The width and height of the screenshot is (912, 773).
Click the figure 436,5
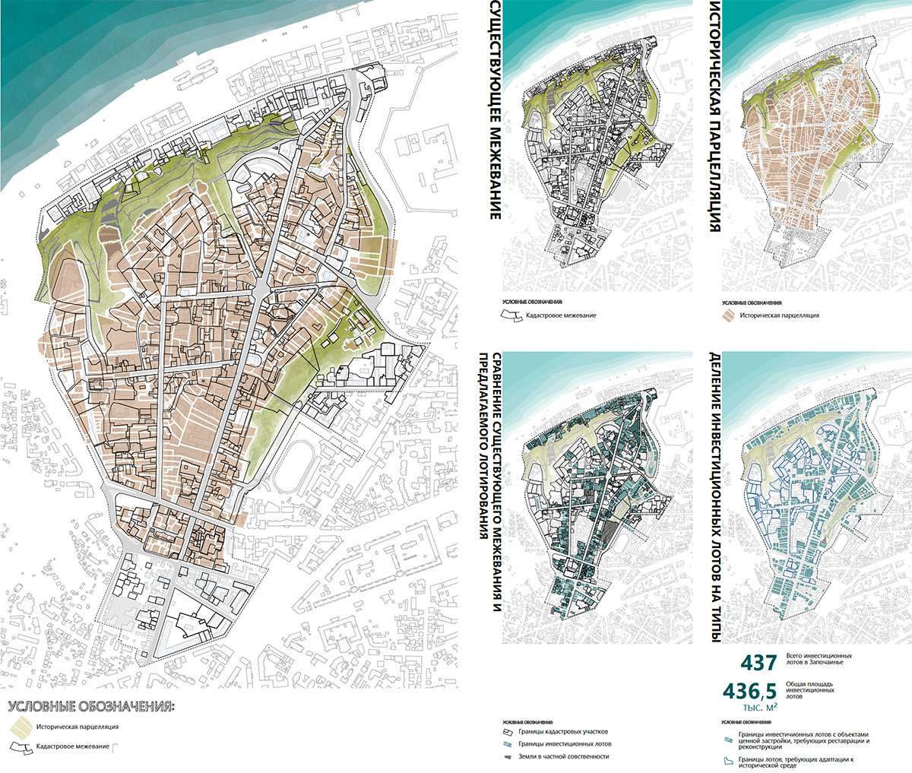(x=749, y=691)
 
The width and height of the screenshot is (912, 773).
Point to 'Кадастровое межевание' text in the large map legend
(x=71, y=747)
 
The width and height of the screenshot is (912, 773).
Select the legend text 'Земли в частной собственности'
(x=563, y=756)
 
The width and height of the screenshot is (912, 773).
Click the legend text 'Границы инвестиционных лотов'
(x=565, y=744)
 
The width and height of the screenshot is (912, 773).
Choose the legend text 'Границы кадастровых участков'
(x=564, y=732)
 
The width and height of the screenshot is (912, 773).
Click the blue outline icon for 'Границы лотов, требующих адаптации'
(x=727, y=761)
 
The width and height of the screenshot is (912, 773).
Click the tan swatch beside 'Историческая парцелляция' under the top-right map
(x=729, y=315)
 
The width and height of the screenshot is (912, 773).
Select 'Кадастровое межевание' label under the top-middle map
(x=561, y=315)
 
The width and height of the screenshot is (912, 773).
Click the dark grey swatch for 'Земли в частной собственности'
(x=508, y=756)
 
